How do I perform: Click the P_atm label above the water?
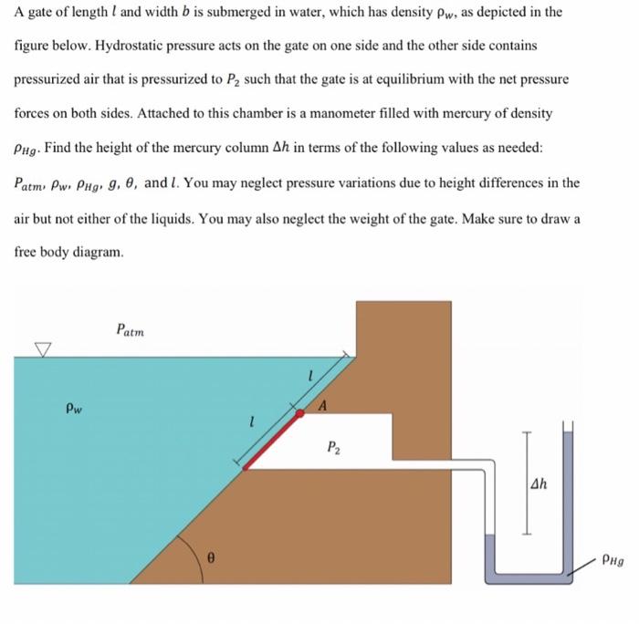pos(130,328)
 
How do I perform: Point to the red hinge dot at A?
pos(301,412)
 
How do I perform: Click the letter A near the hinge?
pos(323,404)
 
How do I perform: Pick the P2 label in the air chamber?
pos(333,449)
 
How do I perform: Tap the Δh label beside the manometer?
pos(540,484)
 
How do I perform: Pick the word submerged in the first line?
pos(253,11)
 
